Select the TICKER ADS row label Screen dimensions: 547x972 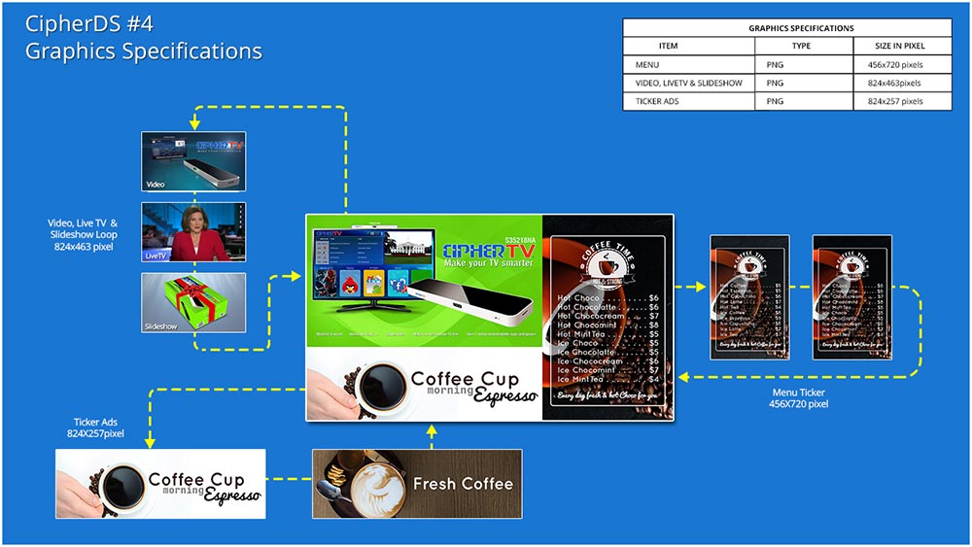click(x=657, y=100)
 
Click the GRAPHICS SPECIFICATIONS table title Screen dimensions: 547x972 click(x=787, y=28)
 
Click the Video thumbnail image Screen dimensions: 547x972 click(x=193, y=161)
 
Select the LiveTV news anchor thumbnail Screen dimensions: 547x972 click(x=193, y=232)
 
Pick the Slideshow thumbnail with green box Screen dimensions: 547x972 click(x=193, y=302)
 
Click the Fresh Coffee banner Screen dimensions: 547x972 click(x=417, y=483)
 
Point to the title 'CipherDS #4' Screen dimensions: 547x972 click(x=91, y=22)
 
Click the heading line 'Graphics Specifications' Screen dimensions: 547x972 click(x=143, y=51)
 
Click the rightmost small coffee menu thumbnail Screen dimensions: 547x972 click(x=851, y=297)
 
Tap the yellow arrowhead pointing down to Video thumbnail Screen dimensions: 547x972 click(x=194, y=124)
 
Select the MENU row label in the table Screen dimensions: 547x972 click(x=647, y=65)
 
